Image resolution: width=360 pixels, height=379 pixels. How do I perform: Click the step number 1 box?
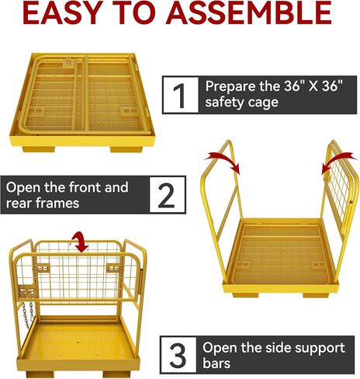(181, 95)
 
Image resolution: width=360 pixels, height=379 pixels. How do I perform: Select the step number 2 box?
(168, 195)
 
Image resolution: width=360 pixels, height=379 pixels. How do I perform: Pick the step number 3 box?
(178, 355)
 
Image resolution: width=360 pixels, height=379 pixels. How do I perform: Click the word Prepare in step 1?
(230, 87)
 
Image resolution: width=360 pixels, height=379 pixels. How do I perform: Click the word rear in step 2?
(19, 203)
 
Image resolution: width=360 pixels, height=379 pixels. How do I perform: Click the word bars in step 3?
(216, 363)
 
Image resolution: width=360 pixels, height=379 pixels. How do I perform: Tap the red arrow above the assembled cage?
(80, 242)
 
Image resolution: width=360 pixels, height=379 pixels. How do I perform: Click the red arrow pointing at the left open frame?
(225, 161)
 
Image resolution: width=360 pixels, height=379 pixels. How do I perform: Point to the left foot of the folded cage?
(39, 149)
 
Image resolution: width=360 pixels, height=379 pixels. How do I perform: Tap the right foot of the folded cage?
(126, 149)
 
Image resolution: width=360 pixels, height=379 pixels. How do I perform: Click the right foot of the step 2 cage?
(316, 295)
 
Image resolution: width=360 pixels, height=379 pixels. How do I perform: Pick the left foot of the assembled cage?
(40, 374)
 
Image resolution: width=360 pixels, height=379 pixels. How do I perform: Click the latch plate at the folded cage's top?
(70, 63)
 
